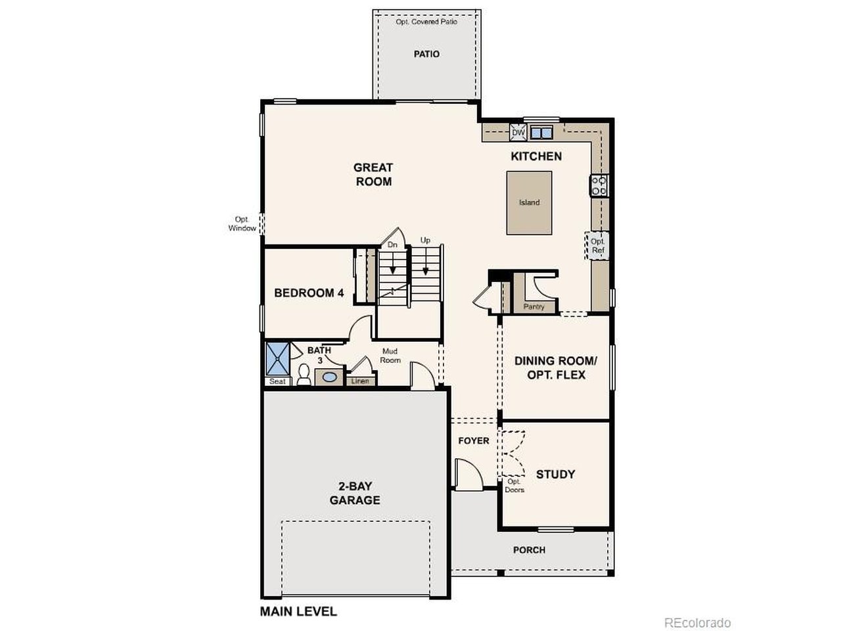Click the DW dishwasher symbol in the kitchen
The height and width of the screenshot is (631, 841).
518,133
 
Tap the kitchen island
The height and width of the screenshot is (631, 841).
529,202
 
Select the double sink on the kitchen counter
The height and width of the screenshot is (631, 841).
541,133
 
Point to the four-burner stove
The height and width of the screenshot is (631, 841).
599,186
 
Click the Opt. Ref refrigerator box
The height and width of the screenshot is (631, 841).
597,246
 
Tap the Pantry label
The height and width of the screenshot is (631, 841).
534,306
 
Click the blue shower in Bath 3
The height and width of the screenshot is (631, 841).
278,358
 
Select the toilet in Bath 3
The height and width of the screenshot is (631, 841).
304,374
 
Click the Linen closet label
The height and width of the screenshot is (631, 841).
360,381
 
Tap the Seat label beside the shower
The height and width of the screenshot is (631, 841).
277,381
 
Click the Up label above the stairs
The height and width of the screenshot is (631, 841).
425,240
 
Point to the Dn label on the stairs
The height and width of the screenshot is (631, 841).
392,245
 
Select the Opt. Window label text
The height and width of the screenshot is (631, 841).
242,223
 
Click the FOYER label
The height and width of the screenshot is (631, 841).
474,440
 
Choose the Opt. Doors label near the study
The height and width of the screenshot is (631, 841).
514,486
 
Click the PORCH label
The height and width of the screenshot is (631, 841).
529,549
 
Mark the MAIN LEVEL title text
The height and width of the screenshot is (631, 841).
298,611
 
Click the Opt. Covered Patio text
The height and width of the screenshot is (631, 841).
426,22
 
